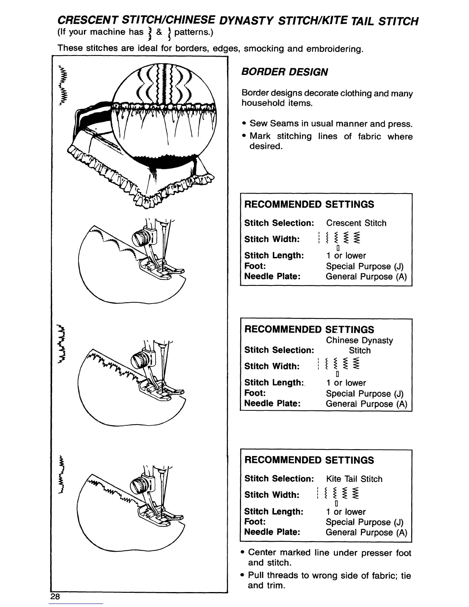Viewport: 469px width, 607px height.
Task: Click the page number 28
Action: [x=55, y=596]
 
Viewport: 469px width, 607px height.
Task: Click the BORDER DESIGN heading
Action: [x=284, y=72]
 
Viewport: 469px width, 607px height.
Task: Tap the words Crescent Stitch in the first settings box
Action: [x=356, y=223]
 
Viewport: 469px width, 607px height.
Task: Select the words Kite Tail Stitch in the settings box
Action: [x=354, y=479]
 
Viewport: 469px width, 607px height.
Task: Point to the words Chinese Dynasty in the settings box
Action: [x=359, y=340]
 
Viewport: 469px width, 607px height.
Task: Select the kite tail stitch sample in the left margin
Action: [x=62, y=475]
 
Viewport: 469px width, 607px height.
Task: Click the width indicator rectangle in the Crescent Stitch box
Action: [x=338, y=248]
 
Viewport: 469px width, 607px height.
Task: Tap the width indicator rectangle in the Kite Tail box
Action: [x=336, y=504]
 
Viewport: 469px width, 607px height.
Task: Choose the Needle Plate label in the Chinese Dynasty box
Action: [x=272, y=404]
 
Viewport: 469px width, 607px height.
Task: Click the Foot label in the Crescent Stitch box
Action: [x=255, y=266]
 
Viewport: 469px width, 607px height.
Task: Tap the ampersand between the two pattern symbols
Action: [x=159, y=32]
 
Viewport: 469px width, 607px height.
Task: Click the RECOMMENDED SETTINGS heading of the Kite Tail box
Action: [x=309, y=460]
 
